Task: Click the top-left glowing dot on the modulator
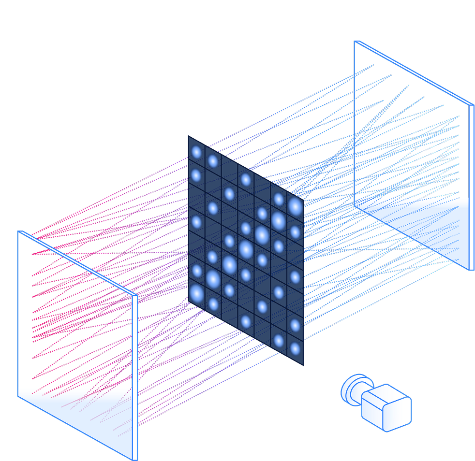coord(196,152)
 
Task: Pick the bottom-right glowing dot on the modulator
coord(295,349)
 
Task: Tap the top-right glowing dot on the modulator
coord(295,206)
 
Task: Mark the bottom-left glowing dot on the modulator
coord(196,292)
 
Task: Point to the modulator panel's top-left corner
coord(189,136)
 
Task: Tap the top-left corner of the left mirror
coord(18,231)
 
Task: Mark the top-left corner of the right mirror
coord(355,42)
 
